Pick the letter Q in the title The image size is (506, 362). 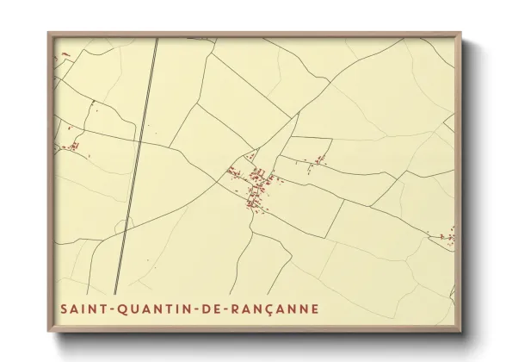click(x=114, y=308)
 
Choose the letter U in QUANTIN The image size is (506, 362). click(x=126, y=308)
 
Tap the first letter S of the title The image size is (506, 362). click(x=63, y=308)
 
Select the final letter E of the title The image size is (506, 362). click(x=315, y=308)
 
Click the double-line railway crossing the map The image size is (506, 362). click(x=138, y=155)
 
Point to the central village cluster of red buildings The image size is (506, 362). click(x=256, y=185)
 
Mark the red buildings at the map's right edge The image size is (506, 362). click(x=447, y=235)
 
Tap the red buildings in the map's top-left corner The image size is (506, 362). click(x=62, y=58)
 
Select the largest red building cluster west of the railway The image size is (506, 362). click(x=72, y=146)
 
